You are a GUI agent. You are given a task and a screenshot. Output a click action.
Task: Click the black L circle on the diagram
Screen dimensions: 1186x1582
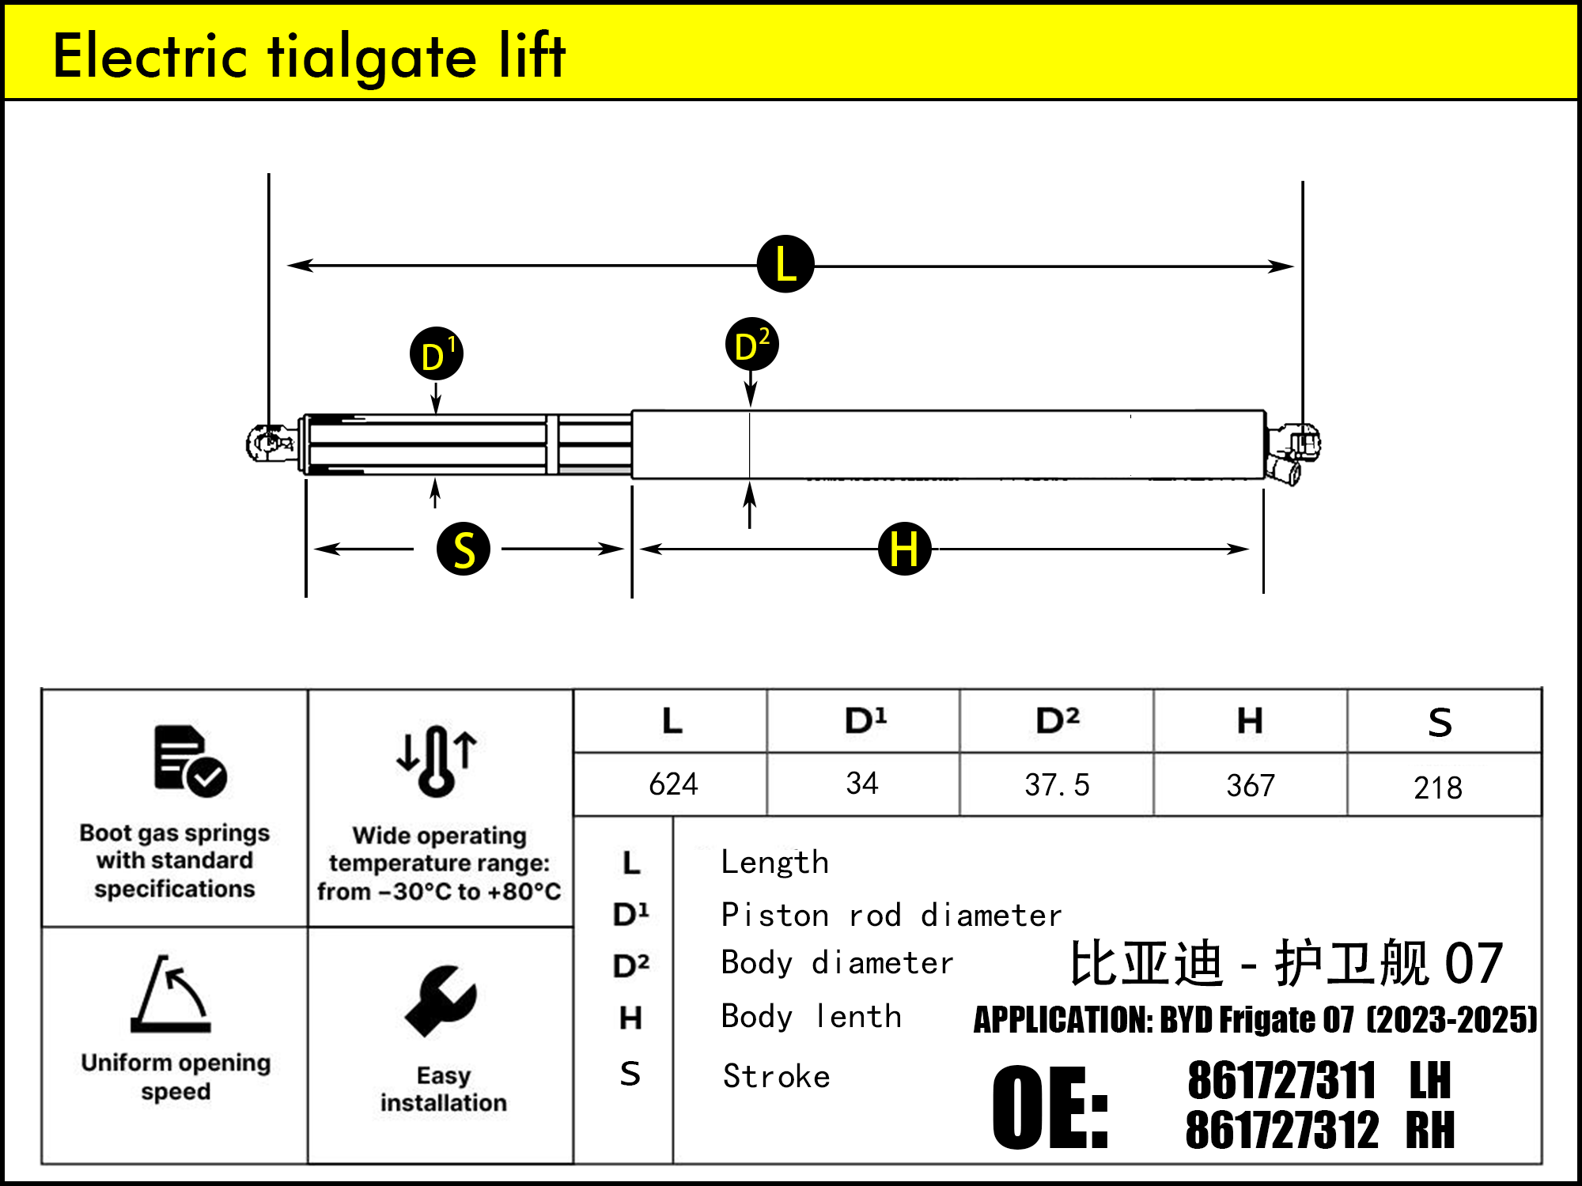[x=785, y=264]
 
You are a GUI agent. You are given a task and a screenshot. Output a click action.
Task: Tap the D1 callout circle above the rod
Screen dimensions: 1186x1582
[x=436, y=354]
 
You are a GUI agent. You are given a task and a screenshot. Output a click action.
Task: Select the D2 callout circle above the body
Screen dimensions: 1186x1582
[x=751, y=345]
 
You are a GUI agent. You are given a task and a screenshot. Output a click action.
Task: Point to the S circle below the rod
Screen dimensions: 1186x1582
[x=464, y=549]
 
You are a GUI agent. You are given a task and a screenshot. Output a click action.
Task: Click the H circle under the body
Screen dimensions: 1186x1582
[x=904, y=549]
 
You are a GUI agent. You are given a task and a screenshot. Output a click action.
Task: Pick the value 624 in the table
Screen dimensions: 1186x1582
[x=673, y=784]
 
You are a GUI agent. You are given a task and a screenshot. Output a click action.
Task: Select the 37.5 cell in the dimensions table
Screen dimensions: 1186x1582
[x=1057, y=785]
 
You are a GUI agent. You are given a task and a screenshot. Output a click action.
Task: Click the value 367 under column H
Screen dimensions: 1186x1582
[x=1251, y=786]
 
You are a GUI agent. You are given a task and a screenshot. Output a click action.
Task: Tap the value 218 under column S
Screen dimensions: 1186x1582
[x=1438, y=788]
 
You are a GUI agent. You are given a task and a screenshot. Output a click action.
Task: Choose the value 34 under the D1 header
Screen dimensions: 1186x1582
[x=862, y=784]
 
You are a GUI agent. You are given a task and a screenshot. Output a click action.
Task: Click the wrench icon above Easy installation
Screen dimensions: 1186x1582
[x=441, y=1001]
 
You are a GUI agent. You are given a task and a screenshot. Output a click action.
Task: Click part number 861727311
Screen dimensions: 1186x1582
[x=1281, y=1081]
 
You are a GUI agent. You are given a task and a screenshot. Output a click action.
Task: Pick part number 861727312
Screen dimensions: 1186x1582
[x=1281, y=1130]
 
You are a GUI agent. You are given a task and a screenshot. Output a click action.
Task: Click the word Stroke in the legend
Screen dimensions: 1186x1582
[x=777, y=1077]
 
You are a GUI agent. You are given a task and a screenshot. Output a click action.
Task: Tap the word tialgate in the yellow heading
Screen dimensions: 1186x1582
[x=373, y=57]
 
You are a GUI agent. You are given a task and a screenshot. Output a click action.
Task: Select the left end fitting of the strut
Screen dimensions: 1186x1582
[x=269, y=443]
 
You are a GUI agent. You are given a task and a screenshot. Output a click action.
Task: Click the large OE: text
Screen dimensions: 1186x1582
[x=1050, y=1107]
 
